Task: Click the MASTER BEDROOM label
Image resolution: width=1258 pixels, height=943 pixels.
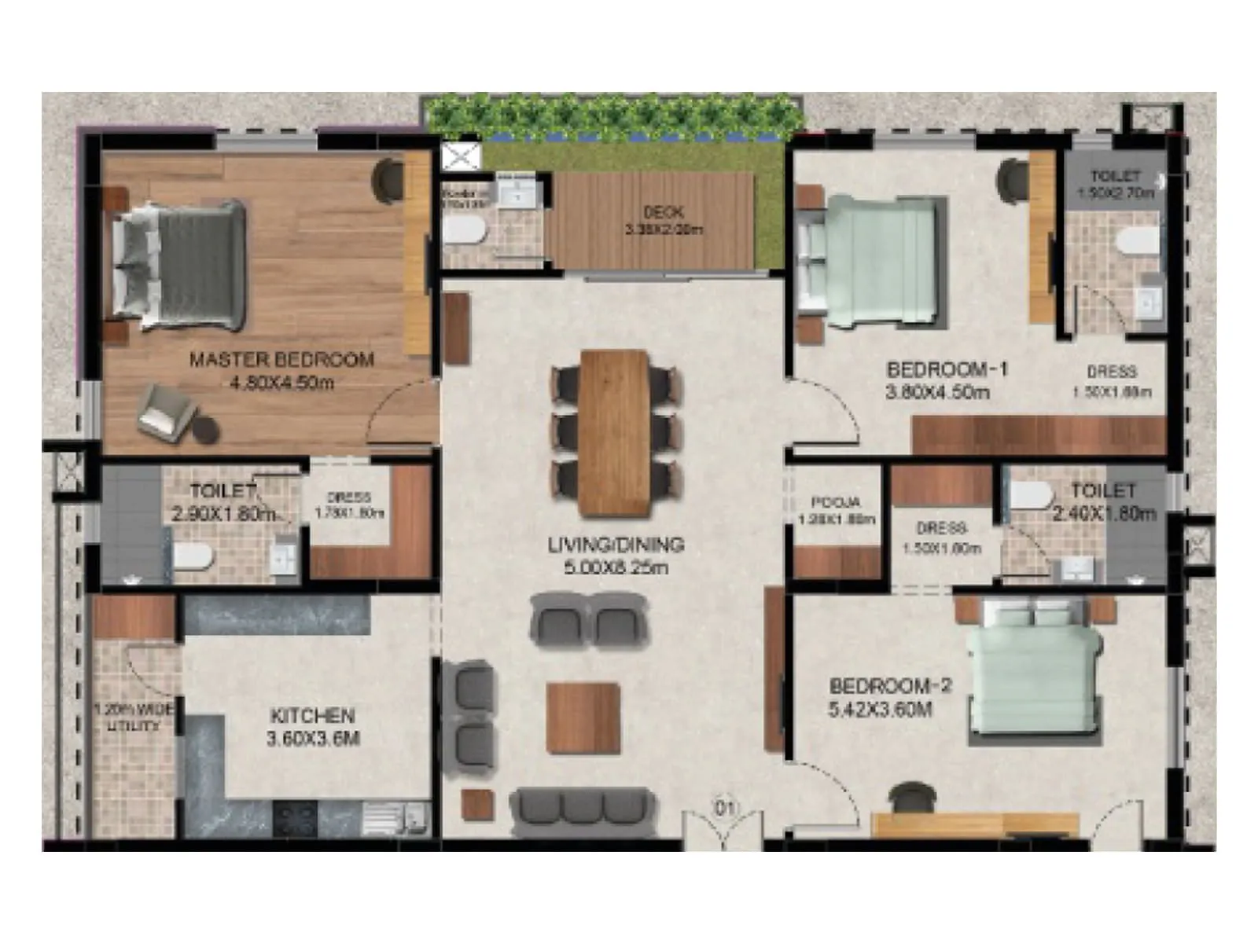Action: [281, 360]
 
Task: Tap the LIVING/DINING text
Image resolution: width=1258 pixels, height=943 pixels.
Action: [616, 545]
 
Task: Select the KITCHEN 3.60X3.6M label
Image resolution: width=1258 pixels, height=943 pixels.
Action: [313, 727]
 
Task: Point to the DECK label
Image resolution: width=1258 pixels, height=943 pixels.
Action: [664, 212]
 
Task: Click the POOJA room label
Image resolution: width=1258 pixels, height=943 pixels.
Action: [835, 502]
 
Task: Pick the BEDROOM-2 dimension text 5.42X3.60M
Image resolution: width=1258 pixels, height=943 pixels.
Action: [880, 710]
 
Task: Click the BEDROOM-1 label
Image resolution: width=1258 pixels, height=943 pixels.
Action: [947, 369]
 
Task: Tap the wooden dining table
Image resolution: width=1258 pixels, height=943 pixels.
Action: [615, 431]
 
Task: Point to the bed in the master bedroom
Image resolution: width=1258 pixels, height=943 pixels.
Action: [179, 265]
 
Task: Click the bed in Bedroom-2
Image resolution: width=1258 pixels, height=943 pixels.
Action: [1033, 668]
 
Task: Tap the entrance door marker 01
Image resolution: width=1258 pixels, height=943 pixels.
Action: [723, 808]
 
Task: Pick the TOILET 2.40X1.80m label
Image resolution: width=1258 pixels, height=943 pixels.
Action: [1103, 501]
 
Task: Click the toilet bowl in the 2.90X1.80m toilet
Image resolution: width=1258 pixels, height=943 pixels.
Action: [192, 556]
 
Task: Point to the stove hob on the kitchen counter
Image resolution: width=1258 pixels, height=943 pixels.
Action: [295, 818]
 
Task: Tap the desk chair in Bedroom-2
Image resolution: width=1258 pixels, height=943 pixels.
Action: [912, 797]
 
